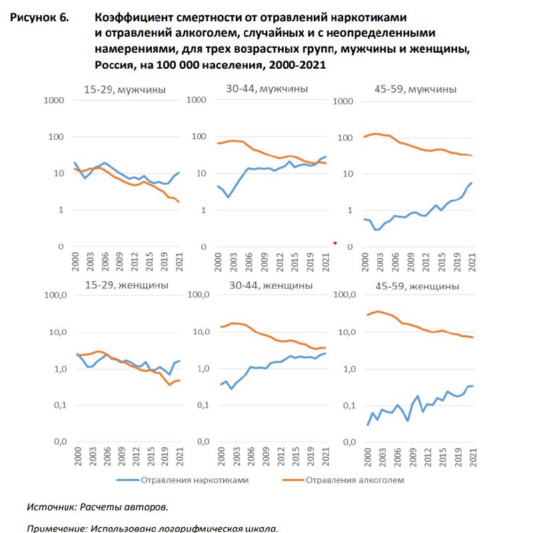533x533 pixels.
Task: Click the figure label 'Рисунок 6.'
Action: pos(39,17)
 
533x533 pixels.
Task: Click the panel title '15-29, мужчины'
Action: pos(125,90)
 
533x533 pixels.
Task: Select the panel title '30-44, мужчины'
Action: pos(267,89)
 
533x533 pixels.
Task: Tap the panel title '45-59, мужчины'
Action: pos(415,89)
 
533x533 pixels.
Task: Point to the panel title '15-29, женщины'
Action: pos(127,285)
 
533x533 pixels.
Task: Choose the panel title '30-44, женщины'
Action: pos(271,285)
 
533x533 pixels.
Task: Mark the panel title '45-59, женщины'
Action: pos(417,286)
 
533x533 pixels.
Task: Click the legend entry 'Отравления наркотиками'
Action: pos(183,480)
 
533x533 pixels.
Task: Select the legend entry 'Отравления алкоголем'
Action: pos(343,480)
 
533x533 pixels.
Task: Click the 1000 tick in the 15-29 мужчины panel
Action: pos(54,101)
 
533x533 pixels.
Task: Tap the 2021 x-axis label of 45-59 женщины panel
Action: pos(472,457)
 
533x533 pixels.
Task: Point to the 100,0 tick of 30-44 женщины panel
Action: pos(198,294)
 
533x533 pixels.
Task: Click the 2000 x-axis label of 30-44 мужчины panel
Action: pos(218,262)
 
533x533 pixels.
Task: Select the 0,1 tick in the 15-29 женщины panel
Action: pos(60,405)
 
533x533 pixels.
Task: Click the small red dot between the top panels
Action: pos(335,243)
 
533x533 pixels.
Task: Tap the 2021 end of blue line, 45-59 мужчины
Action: pos(472,183)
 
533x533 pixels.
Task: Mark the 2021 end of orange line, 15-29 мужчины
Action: pos(179,202)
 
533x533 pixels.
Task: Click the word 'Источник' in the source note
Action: pos(52,507)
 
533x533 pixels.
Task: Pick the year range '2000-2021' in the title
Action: pos(297,65)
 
